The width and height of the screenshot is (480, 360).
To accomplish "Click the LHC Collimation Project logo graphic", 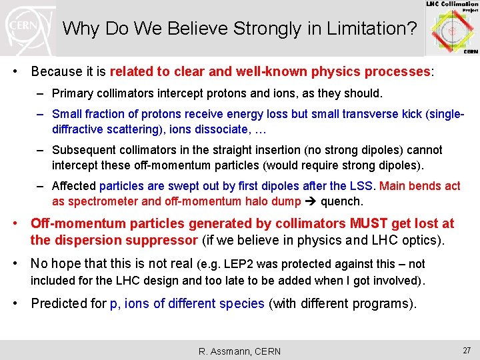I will click(x=452, y=29).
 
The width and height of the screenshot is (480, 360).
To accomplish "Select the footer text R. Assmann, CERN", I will click(x=240, y=351).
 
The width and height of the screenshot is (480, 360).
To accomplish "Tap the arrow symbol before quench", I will click(x=311, y=201).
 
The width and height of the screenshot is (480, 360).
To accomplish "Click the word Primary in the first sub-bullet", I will click(x=71, y=93).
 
